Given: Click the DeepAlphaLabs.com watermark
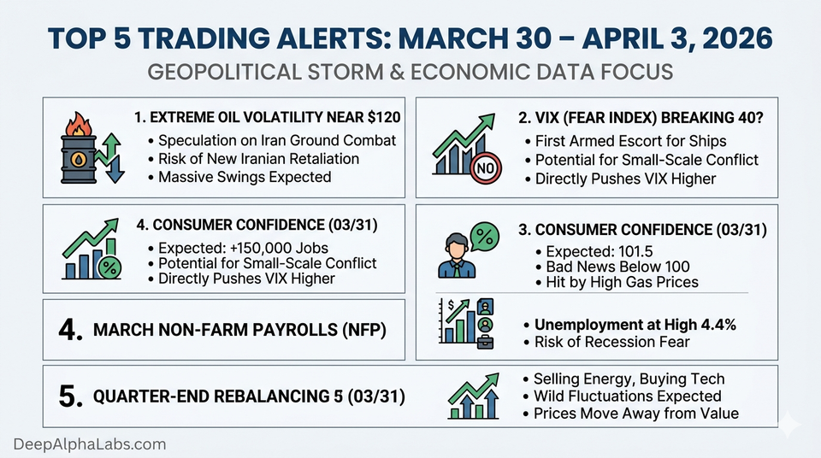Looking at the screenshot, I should click(x=90, y=443).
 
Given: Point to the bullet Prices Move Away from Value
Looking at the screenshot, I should click(x=635, y=414).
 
